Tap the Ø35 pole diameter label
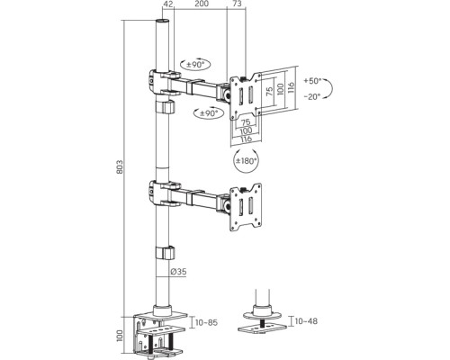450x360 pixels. coord(178,272)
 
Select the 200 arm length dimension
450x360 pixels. coord(202,4)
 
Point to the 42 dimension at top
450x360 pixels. coord(168,4)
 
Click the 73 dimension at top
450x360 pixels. coord(237,4)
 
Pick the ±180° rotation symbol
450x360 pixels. coord(246,160)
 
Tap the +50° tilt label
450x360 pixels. coord(312,81)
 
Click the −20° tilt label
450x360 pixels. coord(312,96)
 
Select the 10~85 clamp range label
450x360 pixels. coord(206,323)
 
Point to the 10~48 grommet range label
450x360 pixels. coord(306,321)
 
